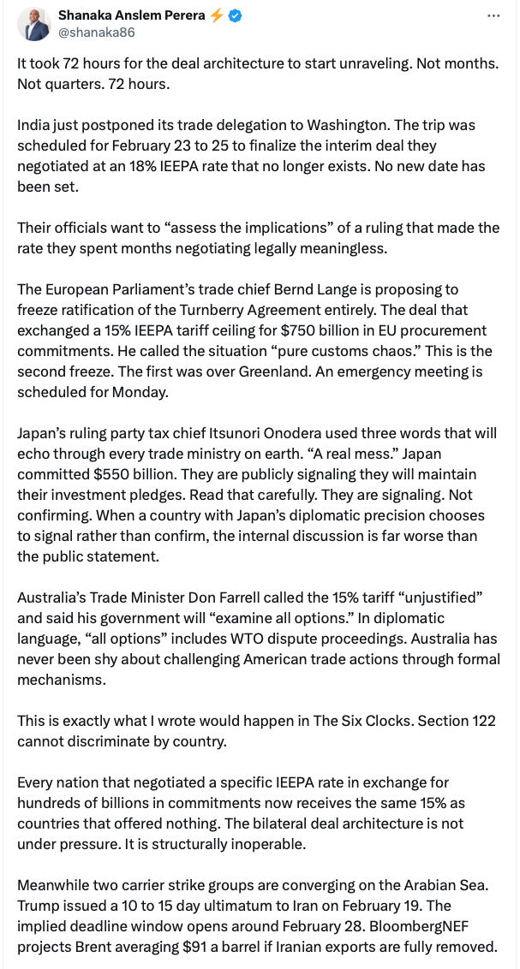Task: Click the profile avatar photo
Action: pyautogui.click(x=36, y=24)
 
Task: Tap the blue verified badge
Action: pyautogui.click(x=234, y=15)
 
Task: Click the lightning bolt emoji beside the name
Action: pyautogui.click(x=216, y=15)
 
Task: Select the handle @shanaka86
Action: pyautogui.click(x=96, y=33)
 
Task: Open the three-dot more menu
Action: pyautogui.click(x=493, y=15)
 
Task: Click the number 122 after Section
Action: pyautogui.click(x=483, y=721)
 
